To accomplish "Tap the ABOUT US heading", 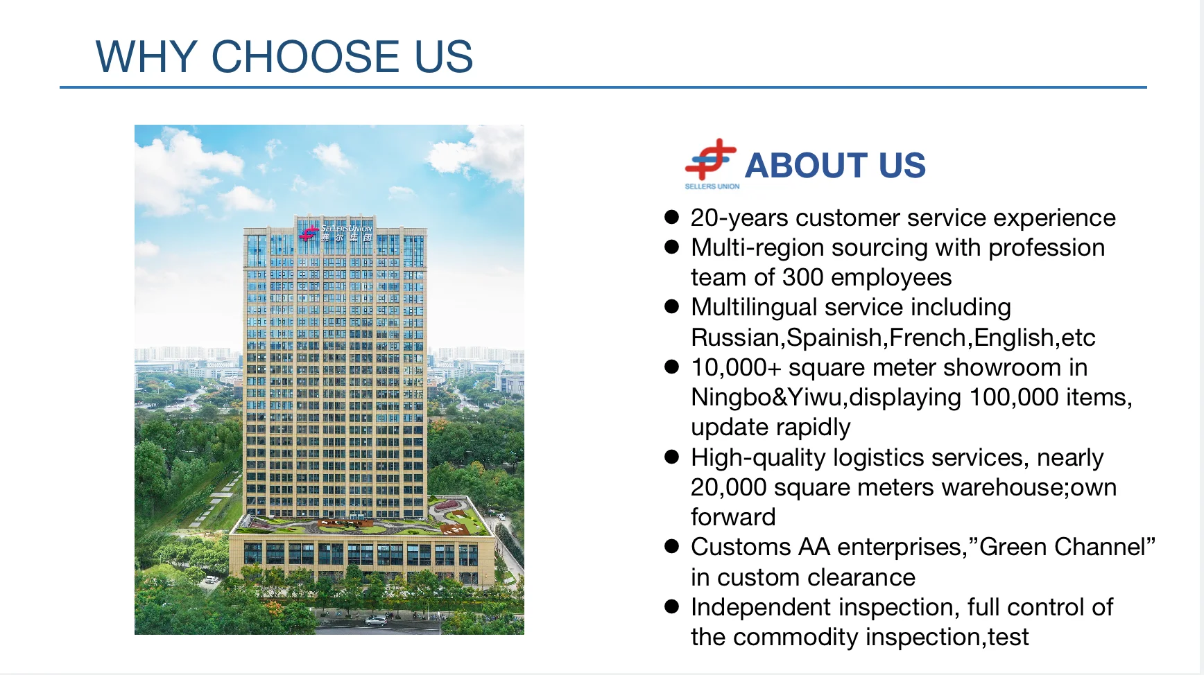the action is (x=835, y=166).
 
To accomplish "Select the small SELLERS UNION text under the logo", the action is (x=712, y=186).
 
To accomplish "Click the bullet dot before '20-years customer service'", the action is (x=671, y=217).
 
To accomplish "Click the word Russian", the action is (x=736, y=337).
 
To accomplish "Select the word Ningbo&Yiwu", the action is (x=766, y=398).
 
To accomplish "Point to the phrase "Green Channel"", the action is (x=1067, y=547).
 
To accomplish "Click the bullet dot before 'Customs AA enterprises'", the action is (x=671, y=547).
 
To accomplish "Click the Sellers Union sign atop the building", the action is (x=336, y=232).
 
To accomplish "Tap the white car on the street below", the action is (x=376, y=620).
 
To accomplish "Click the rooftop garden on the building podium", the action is (x=361, y=521).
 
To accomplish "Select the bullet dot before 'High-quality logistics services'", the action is (x=671, y=457).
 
